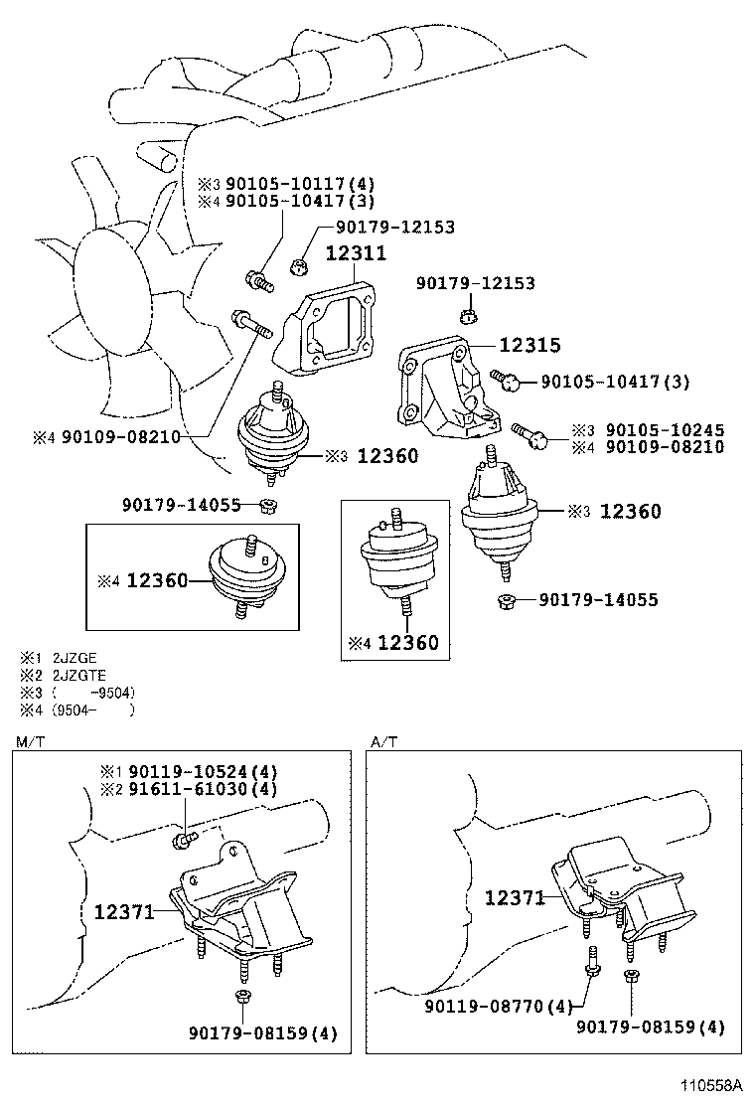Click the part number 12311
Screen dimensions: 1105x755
click(x=356, y=254)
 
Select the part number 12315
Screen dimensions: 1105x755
click(x=529, y=346)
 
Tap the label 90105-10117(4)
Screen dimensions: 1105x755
click(x=284, y=184)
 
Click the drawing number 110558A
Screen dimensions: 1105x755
click(x=713, y=1085)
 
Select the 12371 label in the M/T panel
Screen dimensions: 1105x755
click(x=125, y=910)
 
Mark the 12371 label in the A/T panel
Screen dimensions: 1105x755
click(x=516, y=897)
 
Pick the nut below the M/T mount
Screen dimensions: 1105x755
click(x=241, y=997)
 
